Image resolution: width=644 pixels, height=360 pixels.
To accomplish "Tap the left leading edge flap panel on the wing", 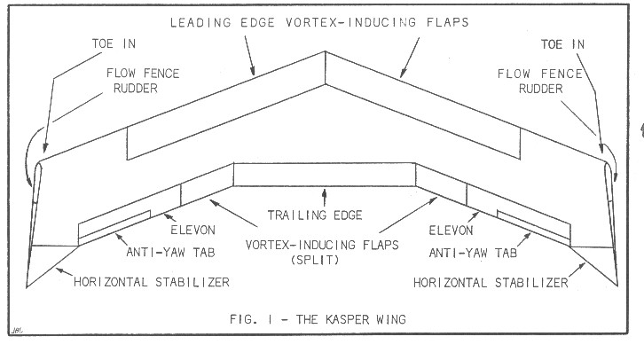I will tap(222, 133).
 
